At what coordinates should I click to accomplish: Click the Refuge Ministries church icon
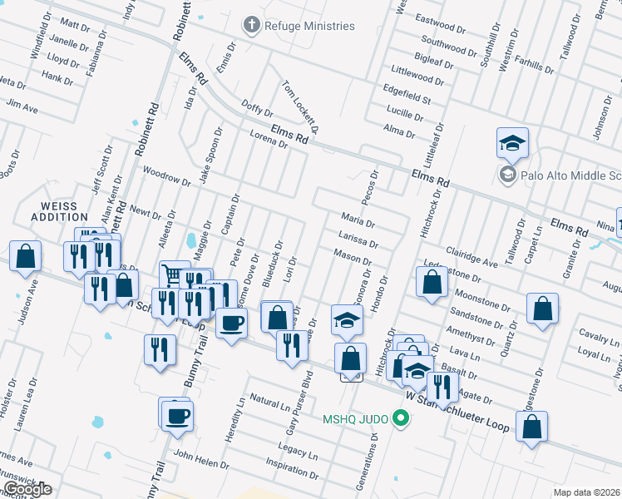tap(250, 26)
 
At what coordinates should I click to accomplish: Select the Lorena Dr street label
tap(268, 138)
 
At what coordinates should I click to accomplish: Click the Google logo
tap(27, 489)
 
